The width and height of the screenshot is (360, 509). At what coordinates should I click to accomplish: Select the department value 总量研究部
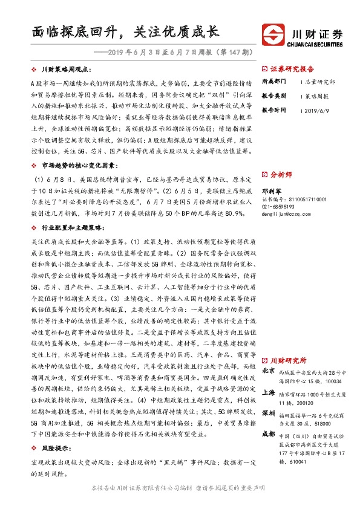319,82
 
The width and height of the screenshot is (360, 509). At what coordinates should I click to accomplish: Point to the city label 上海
269,392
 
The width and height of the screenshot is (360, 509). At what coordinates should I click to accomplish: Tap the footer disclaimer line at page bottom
180,487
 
